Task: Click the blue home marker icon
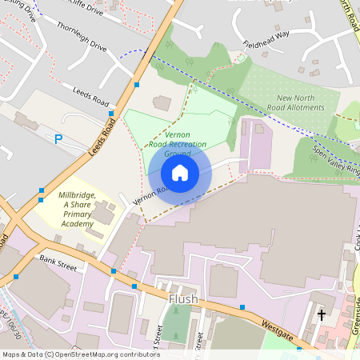(x=180, y=173)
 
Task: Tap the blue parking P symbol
(x=58, y=138)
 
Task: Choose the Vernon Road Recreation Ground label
(x=178, y=144)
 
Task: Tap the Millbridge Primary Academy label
(x=78, y=210)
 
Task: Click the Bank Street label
(x=58, y=262)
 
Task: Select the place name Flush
(x=182, y=300)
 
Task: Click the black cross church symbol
(x=322, y=315)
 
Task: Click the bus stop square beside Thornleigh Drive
(x=137, y=84)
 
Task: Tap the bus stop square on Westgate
(x=242, y=306)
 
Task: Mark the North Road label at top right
(x=345, y=16)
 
